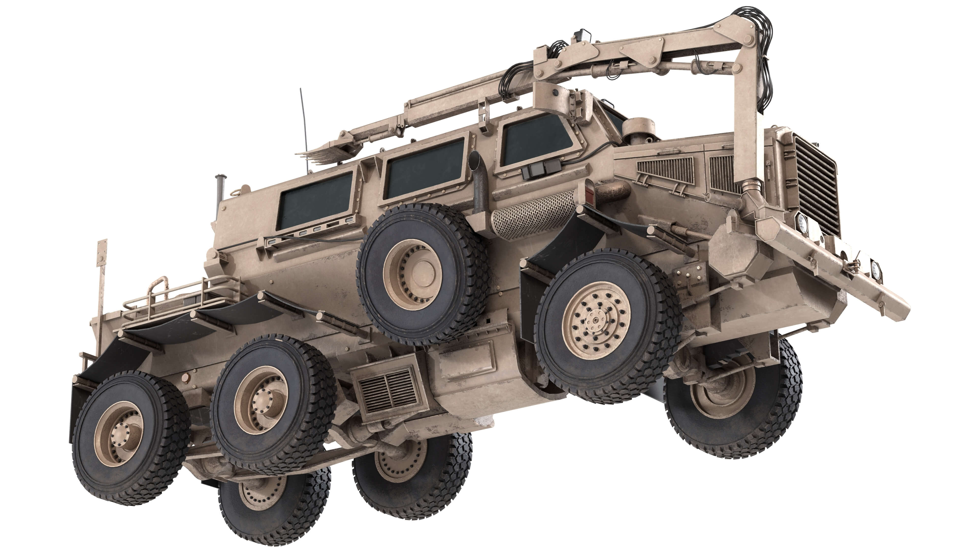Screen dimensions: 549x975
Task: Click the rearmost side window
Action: (x=316, y=201)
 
